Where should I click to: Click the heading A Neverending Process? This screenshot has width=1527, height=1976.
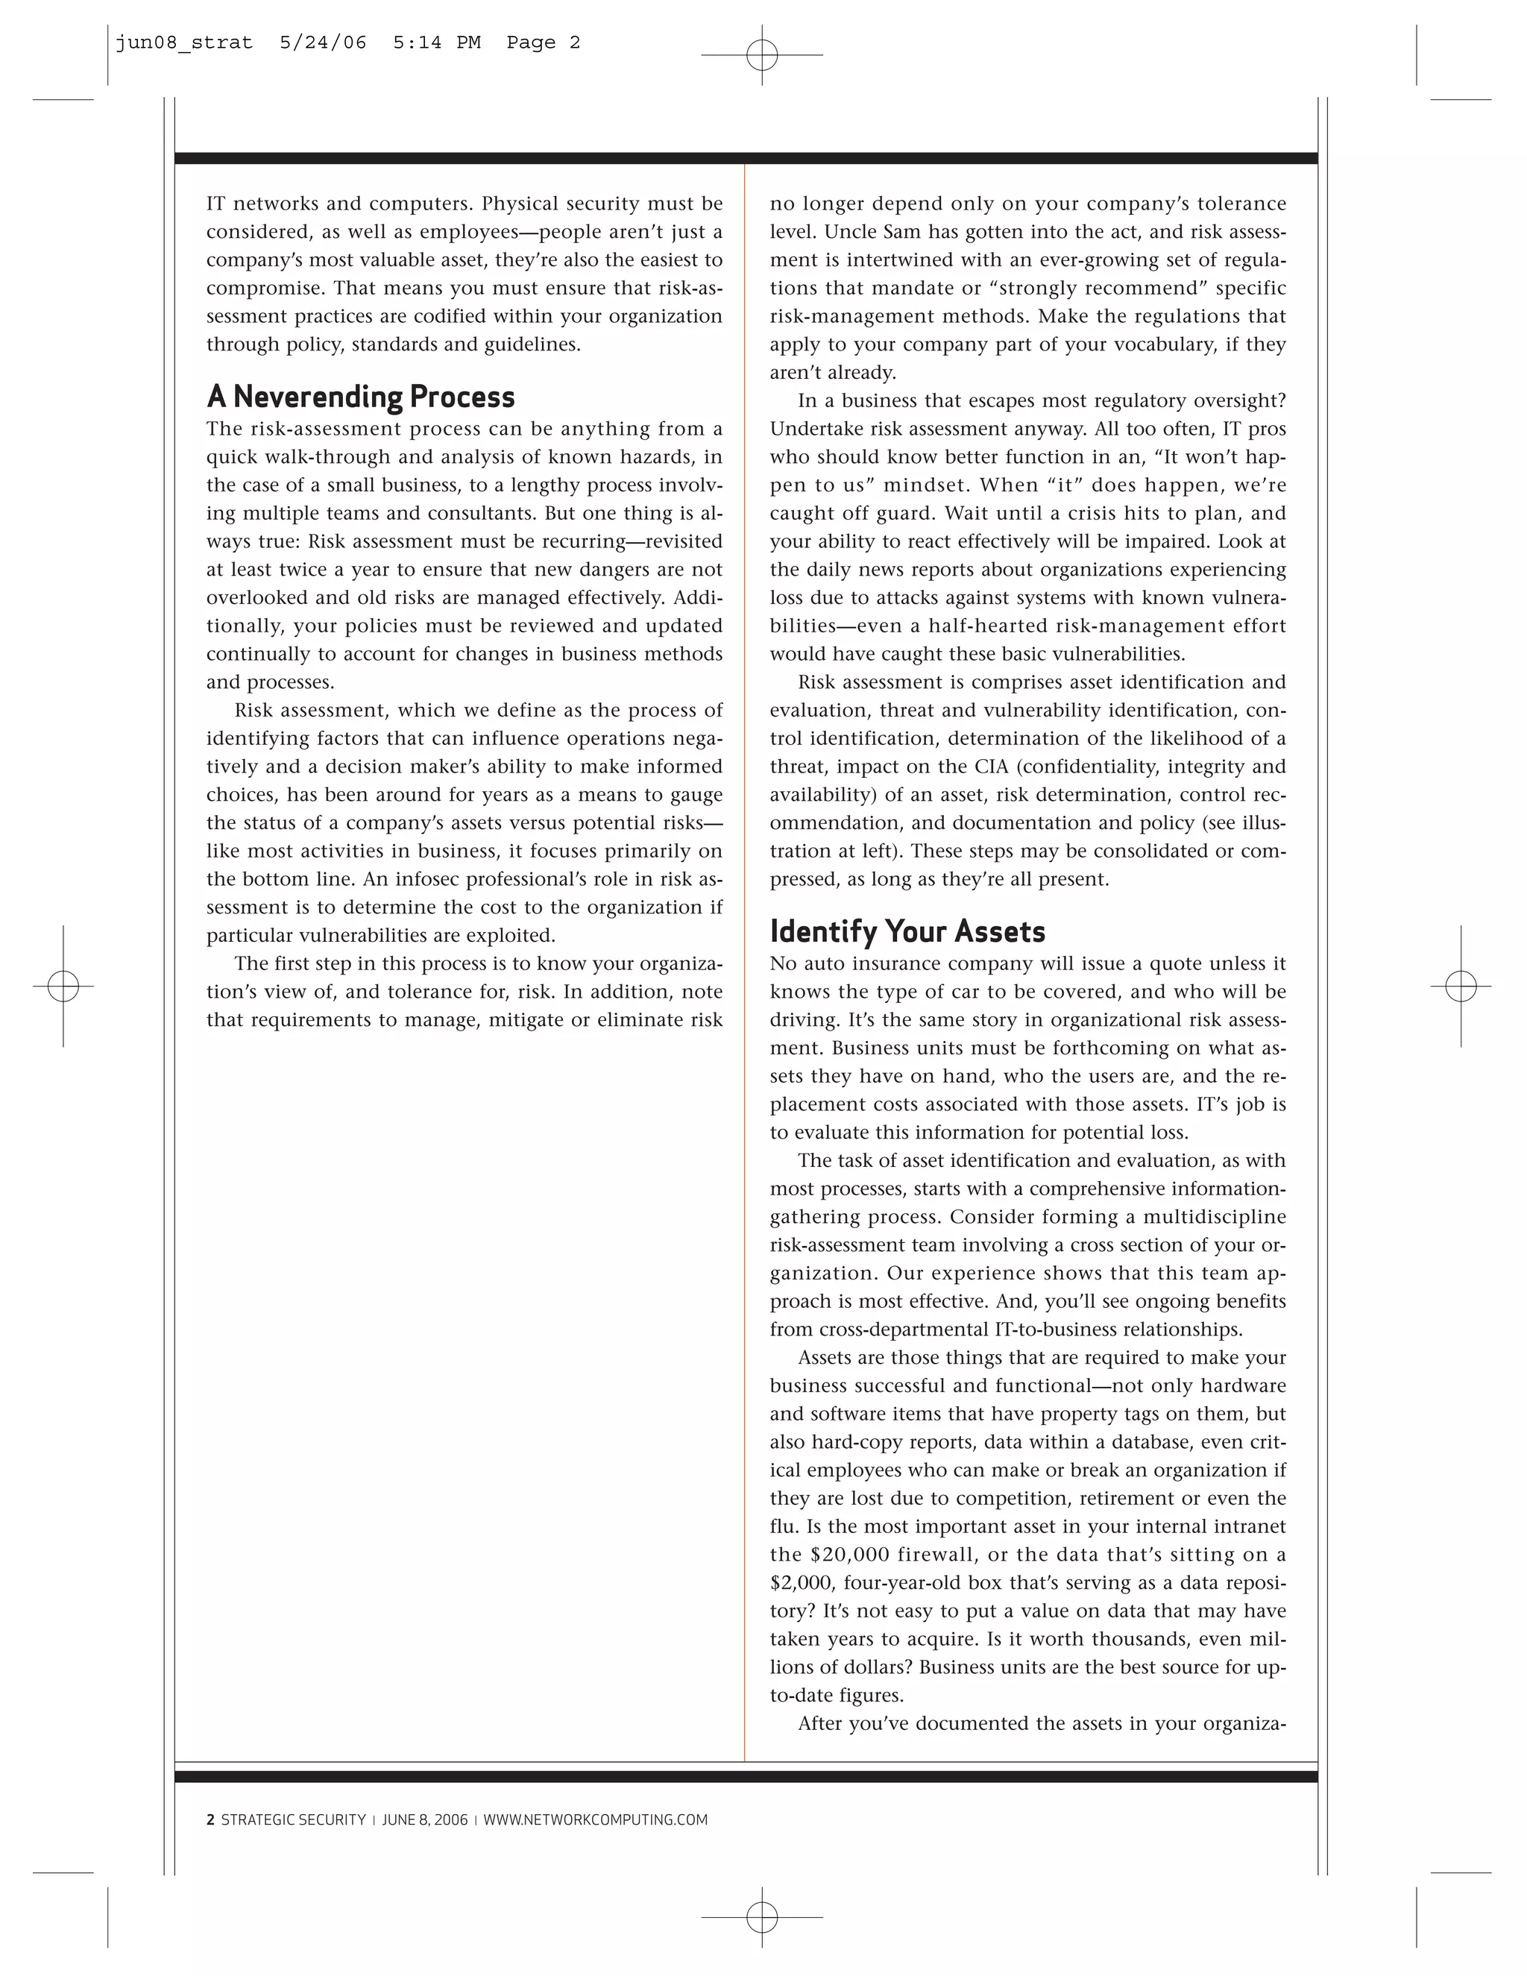(360, 397)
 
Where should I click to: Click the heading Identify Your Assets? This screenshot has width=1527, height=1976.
(907, 932)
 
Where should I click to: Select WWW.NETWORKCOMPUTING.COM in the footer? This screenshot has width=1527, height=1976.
(595, 1819)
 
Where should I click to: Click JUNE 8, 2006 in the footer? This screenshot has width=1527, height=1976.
(424, 1819)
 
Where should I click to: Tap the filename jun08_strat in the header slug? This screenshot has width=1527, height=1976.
(183, 43)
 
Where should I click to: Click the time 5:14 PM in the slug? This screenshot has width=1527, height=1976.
(436, 43)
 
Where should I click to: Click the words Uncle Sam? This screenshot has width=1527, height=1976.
(873, 233)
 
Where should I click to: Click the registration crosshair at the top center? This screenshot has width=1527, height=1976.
(762, 55)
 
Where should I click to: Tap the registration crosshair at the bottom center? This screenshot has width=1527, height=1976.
(762, 1916)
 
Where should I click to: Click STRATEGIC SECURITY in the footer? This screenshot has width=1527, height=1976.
(293, 1819)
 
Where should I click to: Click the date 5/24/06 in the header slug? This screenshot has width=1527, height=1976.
(323, 43)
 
